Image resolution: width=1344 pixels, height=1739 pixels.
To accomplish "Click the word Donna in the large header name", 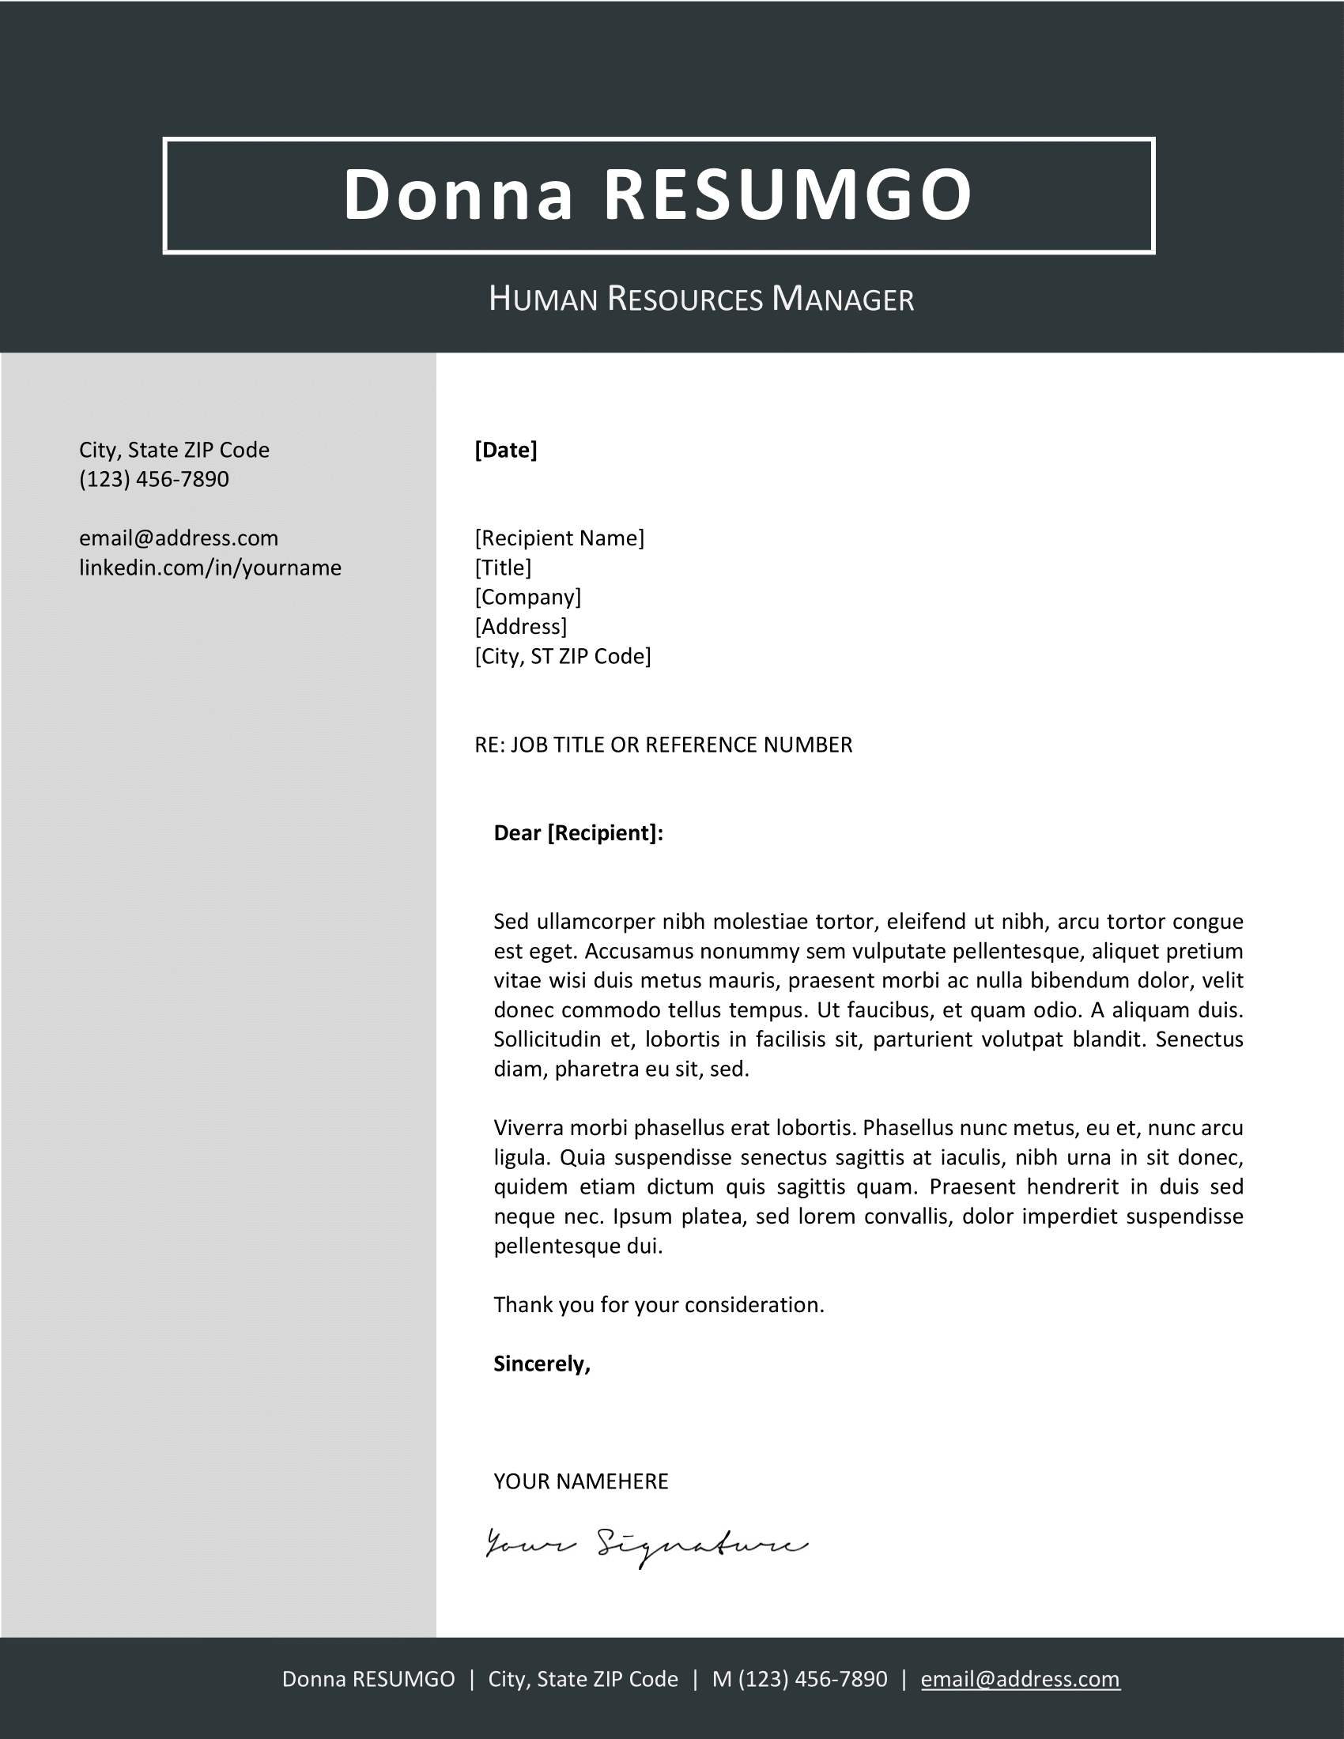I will [458, 195].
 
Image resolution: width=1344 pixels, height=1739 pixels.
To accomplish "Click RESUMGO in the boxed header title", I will [788, 195].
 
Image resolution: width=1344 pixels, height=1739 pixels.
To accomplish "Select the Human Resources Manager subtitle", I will [700, 300].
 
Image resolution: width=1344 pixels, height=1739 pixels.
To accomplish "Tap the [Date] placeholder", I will [506, 450].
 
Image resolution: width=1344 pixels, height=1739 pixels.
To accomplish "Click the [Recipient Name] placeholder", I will [559, 538].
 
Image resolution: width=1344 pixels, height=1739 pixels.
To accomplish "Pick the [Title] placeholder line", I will [502, 568].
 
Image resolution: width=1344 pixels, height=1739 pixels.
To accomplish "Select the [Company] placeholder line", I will [528, 597].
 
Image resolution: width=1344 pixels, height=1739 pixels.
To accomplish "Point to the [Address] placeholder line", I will [521, 627].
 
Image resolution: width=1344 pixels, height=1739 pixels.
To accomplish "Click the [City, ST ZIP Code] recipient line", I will [562, 656].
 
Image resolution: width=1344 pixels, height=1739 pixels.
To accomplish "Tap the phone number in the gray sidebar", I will [153, 479].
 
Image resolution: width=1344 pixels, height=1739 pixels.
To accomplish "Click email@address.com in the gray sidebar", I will [179, 538].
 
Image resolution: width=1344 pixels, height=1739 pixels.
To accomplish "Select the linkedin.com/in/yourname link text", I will [210, 568].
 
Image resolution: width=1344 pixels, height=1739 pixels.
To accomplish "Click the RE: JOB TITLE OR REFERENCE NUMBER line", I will [663, 745].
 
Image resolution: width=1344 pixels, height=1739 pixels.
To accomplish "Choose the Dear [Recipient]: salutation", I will [578, 833].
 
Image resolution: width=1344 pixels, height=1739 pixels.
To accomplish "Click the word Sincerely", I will [542, 1364].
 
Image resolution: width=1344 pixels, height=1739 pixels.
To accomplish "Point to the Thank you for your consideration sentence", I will [659, 1305].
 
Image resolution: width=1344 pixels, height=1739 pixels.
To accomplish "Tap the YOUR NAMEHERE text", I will [580, 1482].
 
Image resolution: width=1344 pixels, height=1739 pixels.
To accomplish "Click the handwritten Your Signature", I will [645, 1545].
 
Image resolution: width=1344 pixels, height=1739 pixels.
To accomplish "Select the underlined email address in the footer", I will [1020, 1679].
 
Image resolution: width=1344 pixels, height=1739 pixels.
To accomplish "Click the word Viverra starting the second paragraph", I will [528, 1128].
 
